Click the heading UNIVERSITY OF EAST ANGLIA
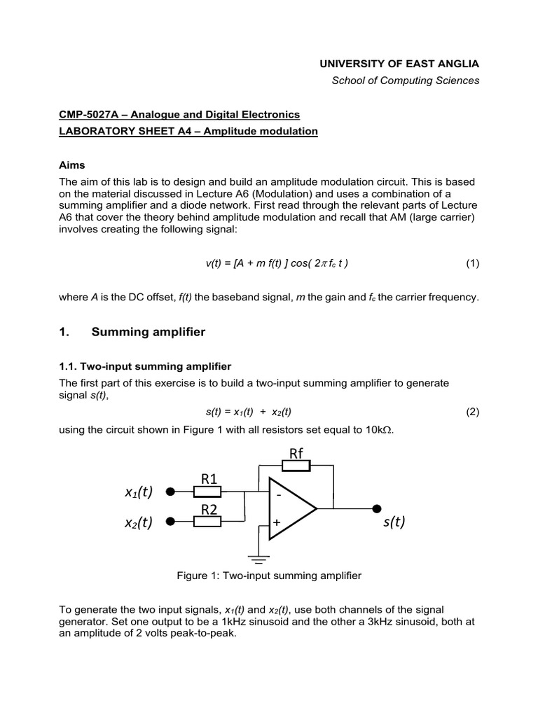[399, 63]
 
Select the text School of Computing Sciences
[406, 81]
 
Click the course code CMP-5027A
[85, 114]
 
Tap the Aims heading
[71, 165]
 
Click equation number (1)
[472, 263]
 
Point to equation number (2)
[472, 412]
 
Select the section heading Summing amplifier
[149, 332]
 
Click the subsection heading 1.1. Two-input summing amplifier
[145, 366]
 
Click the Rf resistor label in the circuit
[296, 453]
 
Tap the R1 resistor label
[210, 479]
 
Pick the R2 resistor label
[210, 509]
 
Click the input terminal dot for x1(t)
[169, 492]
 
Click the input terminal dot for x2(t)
[169, 521]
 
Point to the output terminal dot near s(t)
[378, 508]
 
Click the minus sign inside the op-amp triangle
[278, 494]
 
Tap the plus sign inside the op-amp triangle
[277, 522]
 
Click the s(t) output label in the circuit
[393, 522]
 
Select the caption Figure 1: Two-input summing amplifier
[269, 576]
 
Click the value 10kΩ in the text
[379, 429]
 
